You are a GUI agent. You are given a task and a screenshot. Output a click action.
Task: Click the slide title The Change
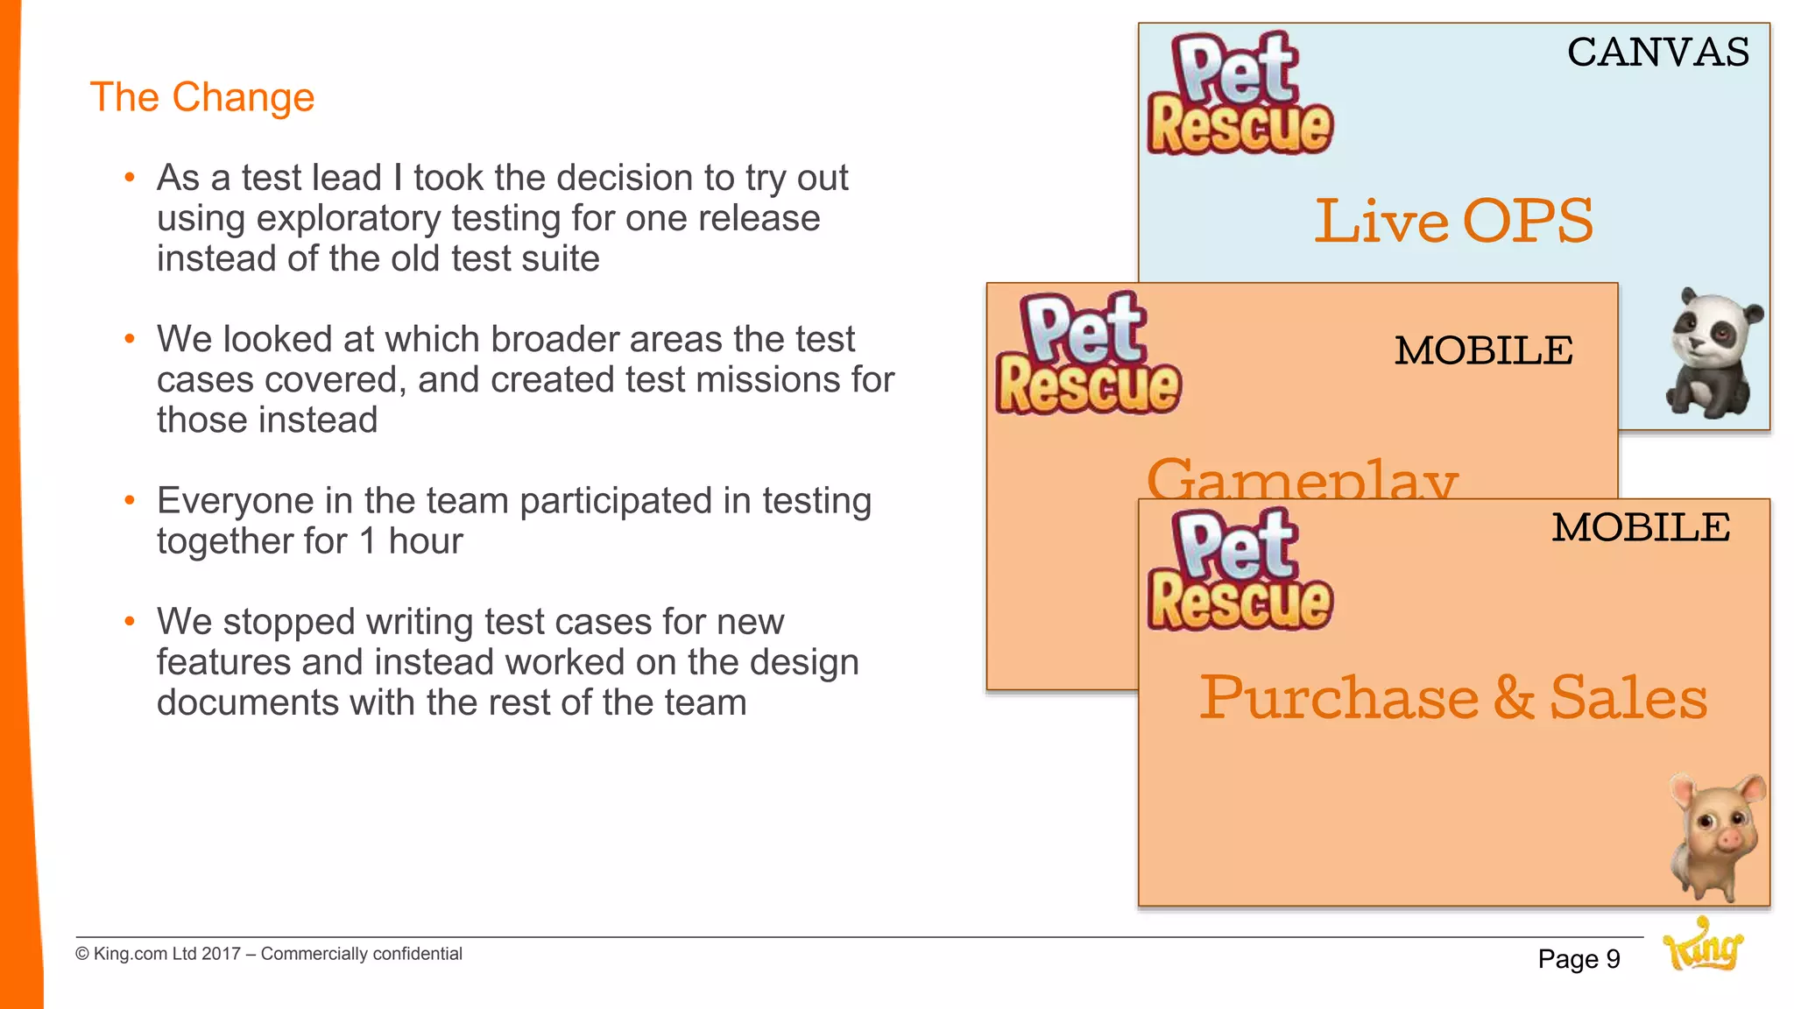(201, 97)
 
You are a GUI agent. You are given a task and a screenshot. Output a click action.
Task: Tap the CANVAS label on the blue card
(1657, 53)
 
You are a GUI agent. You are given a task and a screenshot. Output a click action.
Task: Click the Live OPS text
(1453, 221)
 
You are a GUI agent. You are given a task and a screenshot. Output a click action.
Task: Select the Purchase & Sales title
(1453, 698)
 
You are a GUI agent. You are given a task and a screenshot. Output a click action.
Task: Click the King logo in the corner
(1702, 946)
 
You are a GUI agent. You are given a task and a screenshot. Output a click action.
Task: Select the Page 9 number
(1579, 960)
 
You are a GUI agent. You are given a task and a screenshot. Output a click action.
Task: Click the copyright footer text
(269, 954)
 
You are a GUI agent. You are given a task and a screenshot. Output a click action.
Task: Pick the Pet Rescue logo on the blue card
(1240, 94)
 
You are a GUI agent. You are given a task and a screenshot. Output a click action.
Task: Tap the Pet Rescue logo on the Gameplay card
(1088, 354)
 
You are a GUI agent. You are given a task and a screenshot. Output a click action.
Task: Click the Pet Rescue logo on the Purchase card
(1240, 570)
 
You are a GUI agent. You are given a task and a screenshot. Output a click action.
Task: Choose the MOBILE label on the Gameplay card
(1483, 351)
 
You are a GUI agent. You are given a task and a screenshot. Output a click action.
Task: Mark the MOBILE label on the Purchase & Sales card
(1641, 528)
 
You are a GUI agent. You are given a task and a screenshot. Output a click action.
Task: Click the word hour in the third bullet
(425, 541)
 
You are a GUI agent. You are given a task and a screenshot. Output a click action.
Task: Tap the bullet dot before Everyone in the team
(130, 501)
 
